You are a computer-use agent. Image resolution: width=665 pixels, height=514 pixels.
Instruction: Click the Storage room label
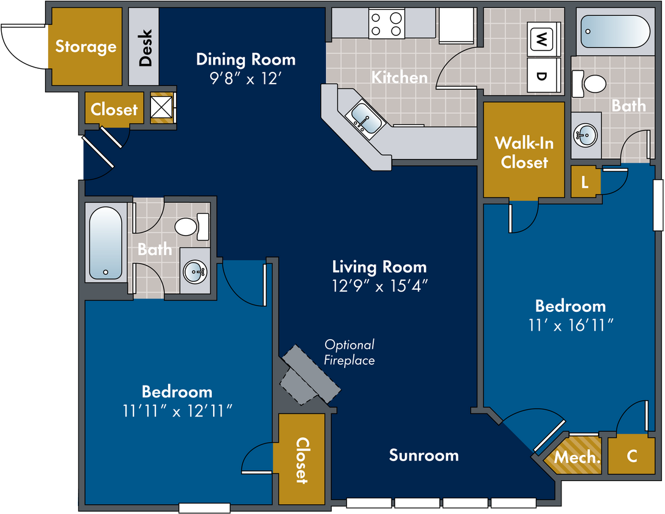pyautogui.click(x=86, y=46)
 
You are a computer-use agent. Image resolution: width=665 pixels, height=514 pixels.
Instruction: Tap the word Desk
pyautogui.click(x=145, y=48)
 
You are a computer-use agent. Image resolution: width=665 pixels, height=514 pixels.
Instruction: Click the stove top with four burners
pyautogui.click(x=386, y=24)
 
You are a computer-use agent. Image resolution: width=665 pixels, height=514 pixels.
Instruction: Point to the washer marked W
pyautogui.click(x=541, y=40)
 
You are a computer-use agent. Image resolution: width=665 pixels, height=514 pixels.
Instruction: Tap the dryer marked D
pyautogui.click(x=541, y=75)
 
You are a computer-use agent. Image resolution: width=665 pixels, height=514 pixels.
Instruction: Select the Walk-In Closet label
pyautogui.click(x=524, y=153)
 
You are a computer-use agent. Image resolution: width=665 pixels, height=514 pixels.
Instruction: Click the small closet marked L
pyautogui.click(x=585, y=182)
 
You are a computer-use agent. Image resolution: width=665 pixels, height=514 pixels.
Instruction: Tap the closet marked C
pyautogui.click(x=632, y=456)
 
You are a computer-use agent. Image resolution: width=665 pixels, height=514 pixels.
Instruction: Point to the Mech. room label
pyautogui.click(x=577, y=457)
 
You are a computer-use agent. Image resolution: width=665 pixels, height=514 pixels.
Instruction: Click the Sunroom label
pyautogui.click(x=424, y=455)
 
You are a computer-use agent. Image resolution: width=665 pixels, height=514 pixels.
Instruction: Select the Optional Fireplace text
pyautogui.click(x=350, y=353)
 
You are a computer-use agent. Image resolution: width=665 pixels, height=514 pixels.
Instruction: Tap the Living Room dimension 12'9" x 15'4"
pyautogui.click(x=379, y=286)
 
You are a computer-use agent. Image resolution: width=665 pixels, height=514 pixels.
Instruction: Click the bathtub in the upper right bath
pyautogui.click(x=615, y=32)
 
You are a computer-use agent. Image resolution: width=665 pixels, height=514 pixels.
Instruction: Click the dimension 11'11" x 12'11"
pyautogui.click(x=177, y=411)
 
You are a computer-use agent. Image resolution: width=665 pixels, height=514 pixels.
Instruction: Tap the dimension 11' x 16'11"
pyautogui.click(x=571, y=325)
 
